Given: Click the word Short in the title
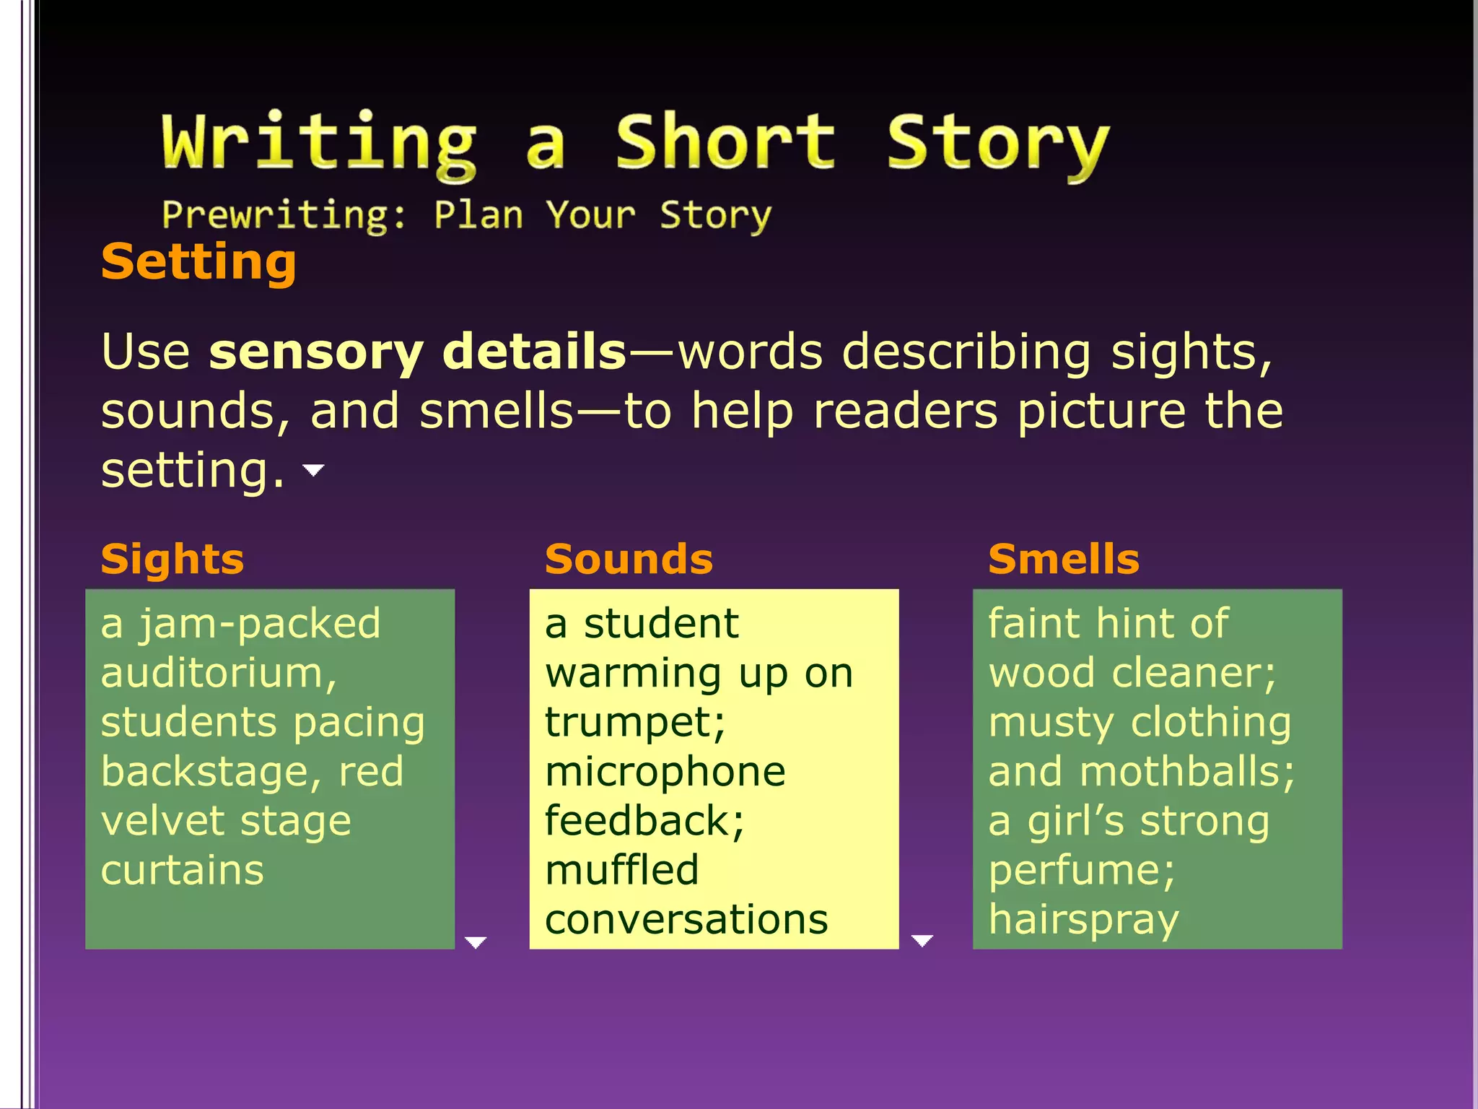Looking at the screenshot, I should (x=725, y=142).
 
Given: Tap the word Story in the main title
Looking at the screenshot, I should (x=997, y=144).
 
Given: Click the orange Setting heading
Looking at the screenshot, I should (x=198, y=261).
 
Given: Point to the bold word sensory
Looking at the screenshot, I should (x=315, y=352).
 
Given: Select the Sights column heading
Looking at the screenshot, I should (x=172, y=559).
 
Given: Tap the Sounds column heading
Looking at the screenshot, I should (x=629, y=559).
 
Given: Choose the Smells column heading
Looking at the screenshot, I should (x=1064, y=559).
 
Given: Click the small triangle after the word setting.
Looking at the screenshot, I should (x=313, y=471).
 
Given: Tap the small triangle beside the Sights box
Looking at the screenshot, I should (x=476, y=942).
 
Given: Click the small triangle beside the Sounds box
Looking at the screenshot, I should (x=922, y=940).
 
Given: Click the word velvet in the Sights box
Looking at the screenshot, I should (x=163, y=821).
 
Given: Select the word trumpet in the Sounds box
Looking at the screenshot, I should (x=634, y=723).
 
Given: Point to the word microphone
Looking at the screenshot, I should (x=665, y=772).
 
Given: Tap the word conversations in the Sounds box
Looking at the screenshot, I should (x=686, y=920).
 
